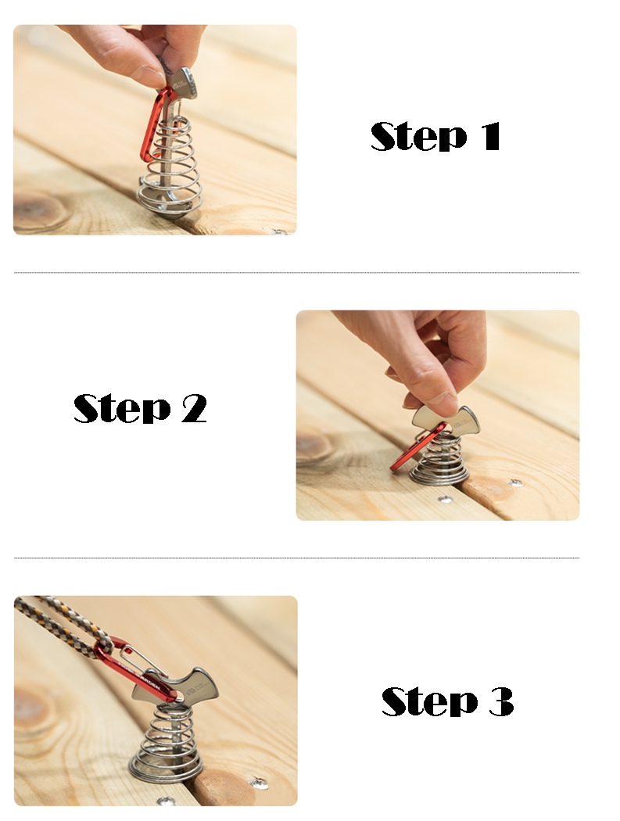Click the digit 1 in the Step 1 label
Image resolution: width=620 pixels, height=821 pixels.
pyautogui.click(x=492, y=136)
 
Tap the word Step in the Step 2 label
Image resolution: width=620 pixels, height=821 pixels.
pyautogui.click(x=122, y=408)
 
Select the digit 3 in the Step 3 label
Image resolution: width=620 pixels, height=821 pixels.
pyautogui.click(x=501, y=701)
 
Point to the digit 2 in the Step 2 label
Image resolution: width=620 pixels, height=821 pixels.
pyautogui.click(x=194, y=408)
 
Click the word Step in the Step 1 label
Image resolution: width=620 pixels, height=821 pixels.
pyautogui.click(x=418, y=136)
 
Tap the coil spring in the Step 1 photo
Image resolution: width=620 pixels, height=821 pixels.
pyautogui.click(x=169, y=167)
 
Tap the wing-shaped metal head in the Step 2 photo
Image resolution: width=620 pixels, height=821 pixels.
pyautogui.click(x=446, y=419)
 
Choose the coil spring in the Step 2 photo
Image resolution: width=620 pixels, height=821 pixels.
pyautogui.click(x=439, y=459)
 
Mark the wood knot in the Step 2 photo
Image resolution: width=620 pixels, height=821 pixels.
pyautogui.click(x=314, y=445)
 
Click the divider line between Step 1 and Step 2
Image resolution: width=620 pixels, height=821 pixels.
pyautogui.click(x=296, y=273)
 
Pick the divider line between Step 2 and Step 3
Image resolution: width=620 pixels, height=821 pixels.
pyautogui.click(x=296, y=558)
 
